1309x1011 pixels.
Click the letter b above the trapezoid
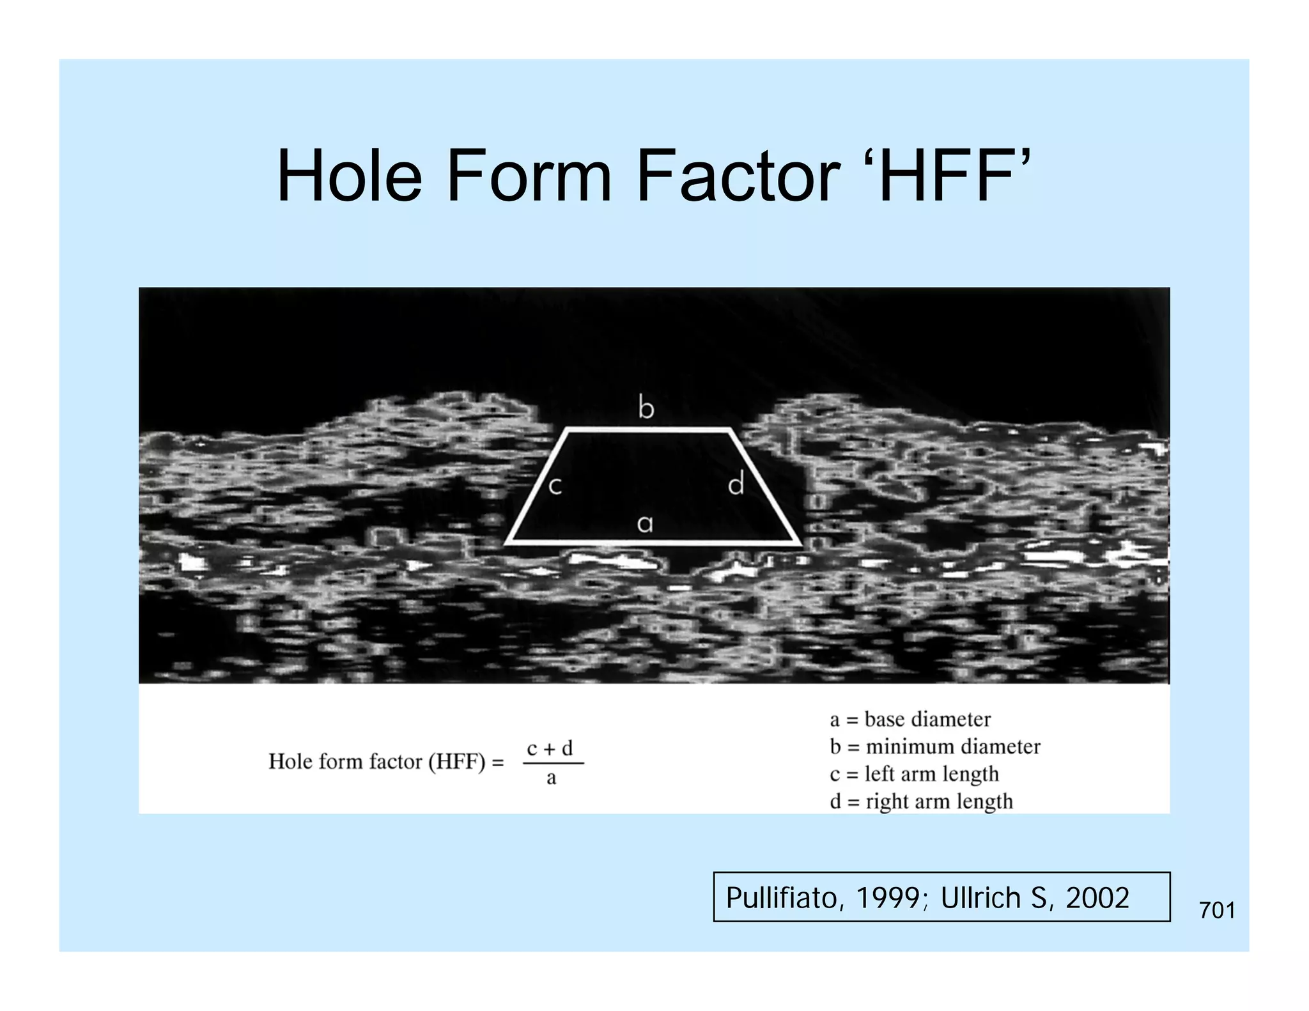click(646, 407)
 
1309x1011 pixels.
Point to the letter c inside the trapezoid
click(555, 486)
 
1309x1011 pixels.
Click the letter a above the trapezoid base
click(645, 524)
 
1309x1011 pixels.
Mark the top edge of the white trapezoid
click(647, 431)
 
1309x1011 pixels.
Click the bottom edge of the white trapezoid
click(652, 543)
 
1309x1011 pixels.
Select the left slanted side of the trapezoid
click(537, 487)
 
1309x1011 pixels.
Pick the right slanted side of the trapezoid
click(765, 487)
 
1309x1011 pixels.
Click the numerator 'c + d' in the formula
click(550, 748)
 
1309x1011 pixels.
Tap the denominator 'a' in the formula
click(551, 778)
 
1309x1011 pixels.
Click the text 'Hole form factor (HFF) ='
click(386, 762)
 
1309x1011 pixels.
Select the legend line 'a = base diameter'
click(910, 720)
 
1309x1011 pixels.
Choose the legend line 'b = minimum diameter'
click(934, 746)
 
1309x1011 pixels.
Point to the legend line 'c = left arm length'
click(914, 774)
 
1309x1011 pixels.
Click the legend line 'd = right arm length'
click(921, 801)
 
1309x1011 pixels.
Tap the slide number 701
click(1217, 910)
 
